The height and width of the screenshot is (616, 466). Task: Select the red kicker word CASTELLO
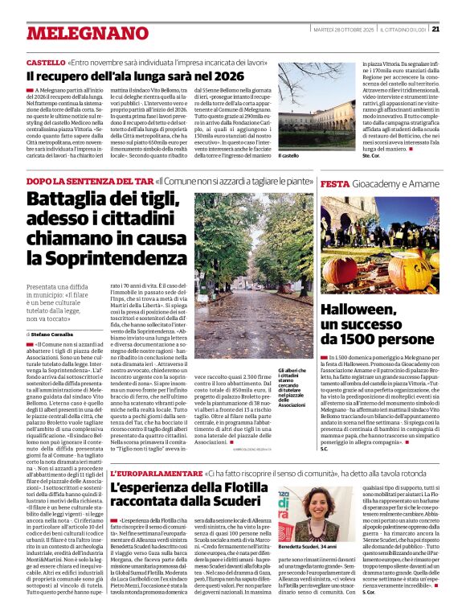[x=45, y=63]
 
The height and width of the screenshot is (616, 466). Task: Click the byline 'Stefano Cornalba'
[x=51, y=310]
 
